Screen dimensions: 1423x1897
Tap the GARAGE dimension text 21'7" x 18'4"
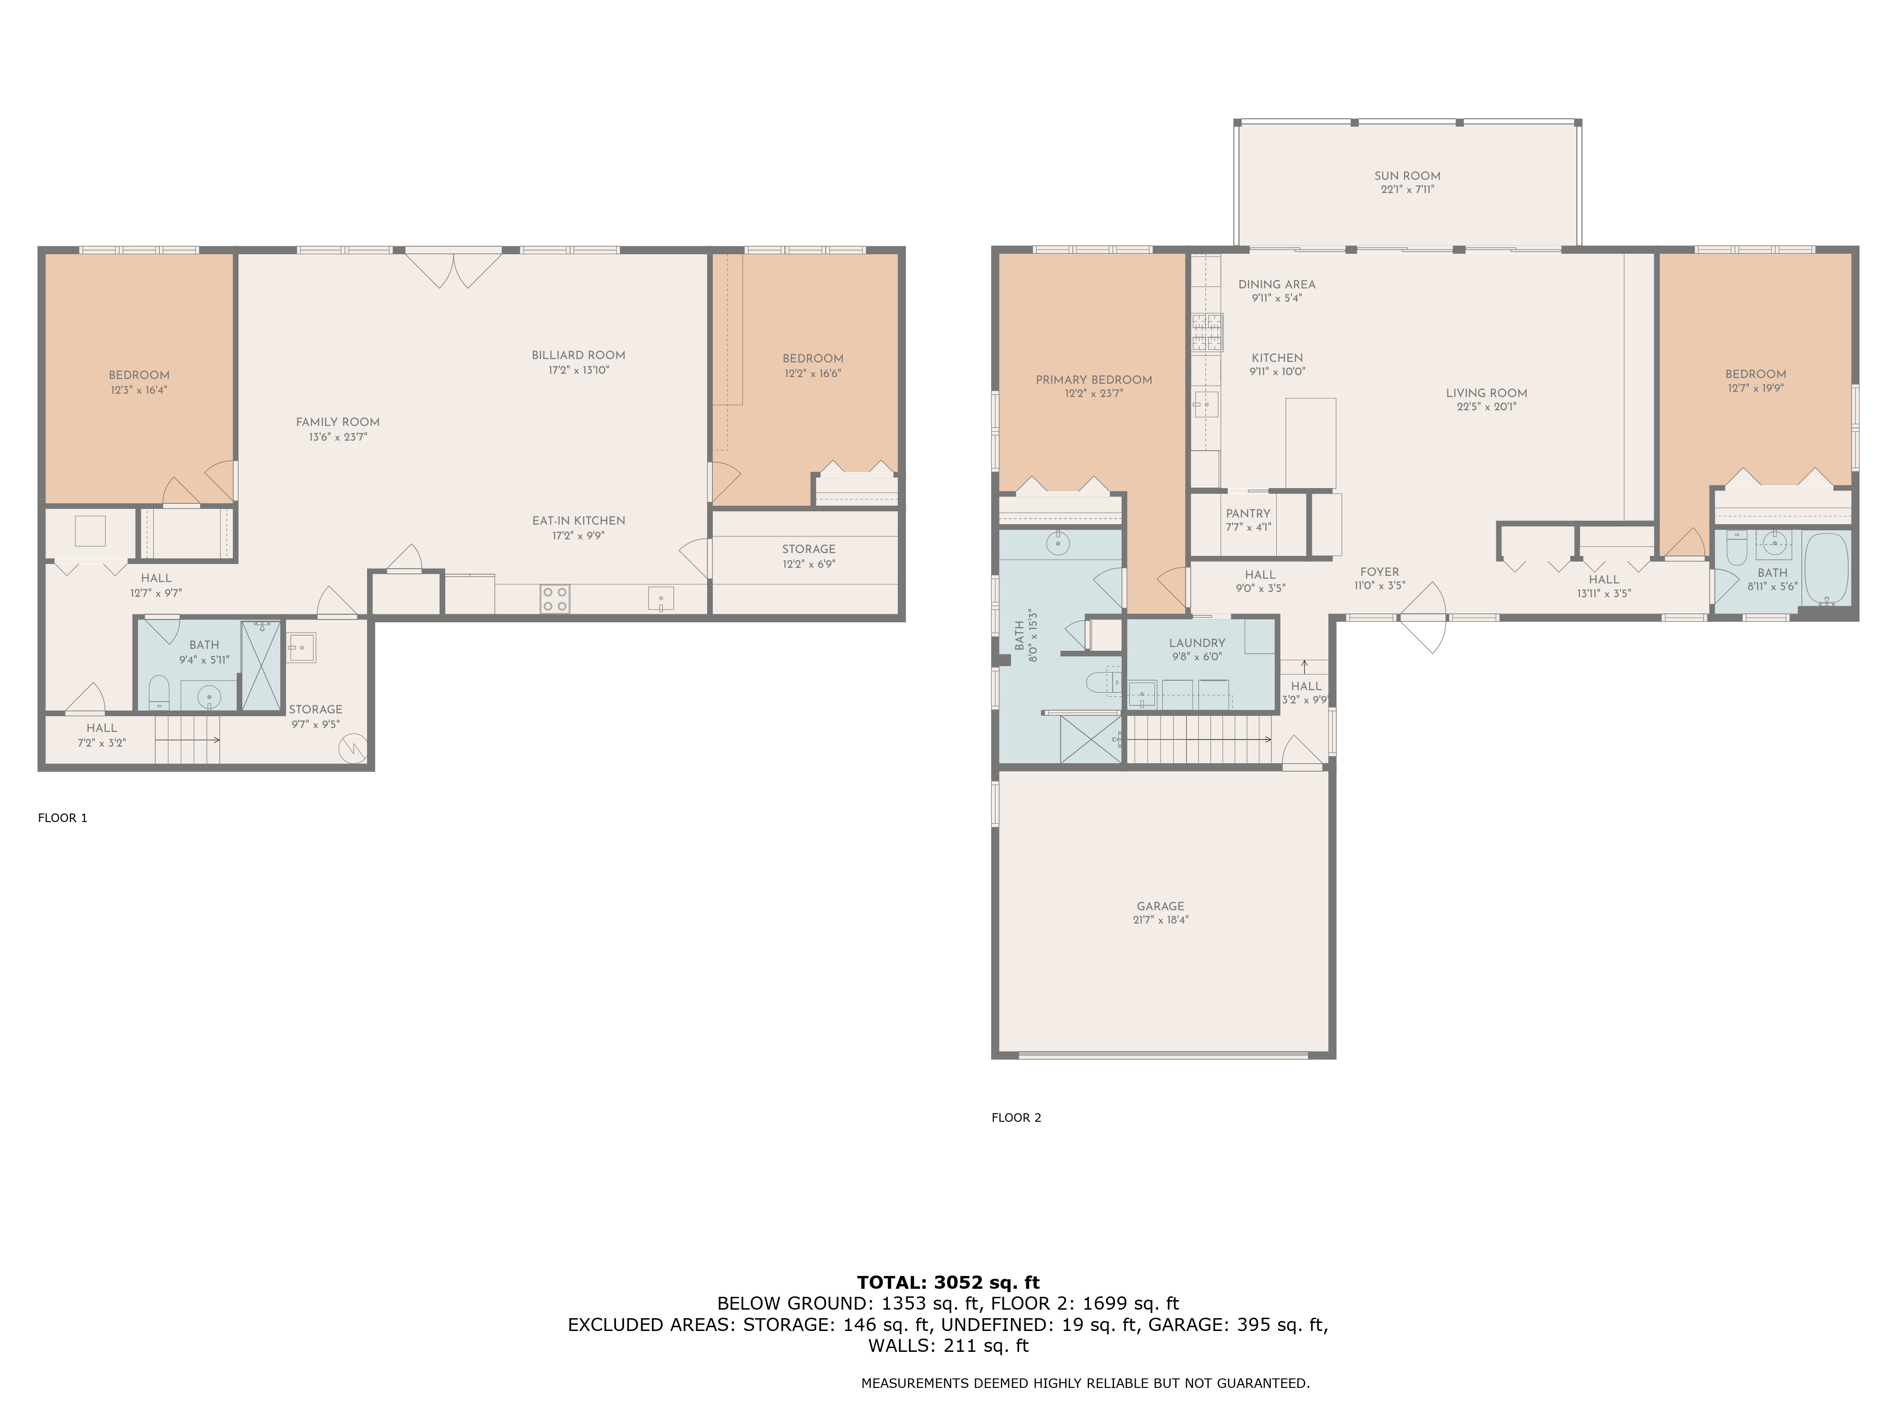pos(1160,920)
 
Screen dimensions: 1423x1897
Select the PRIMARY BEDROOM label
pos(1094,379)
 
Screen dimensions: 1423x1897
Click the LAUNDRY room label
pos(1197,642)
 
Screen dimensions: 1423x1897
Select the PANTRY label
pos(1248,513)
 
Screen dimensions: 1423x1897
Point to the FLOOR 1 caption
pos(63,817)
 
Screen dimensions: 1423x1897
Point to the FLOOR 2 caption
pos(1016,1117)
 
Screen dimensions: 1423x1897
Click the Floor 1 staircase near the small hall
pos(187,739)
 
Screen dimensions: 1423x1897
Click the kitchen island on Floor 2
pos(1310,443)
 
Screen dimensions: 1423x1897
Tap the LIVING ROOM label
pos(1486,393)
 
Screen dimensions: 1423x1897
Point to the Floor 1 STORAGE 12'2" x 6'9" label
pos(808,549)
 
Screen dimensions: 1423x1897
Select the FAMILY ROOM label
pos(337,422)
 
